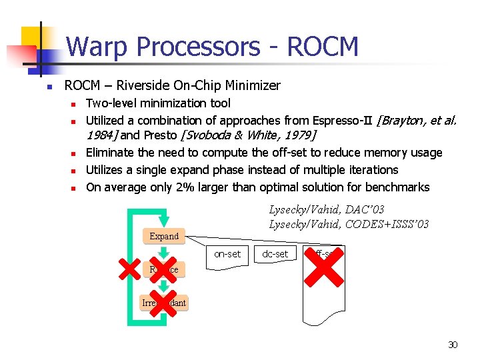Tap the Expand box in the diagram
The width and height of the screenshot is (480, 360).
tap(164, 236)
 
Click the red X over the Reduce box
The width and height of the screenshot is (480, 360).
tap(163, 265)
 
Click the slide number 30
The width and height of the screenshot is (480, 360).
tap(453, 345)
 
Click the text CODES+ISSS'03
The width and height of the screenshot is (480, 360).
tap(387, 224)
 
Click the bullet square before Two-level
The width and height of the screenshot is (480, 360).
tap(75, 103)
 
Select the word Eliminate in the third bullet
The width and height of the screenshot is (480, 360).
tap(111, 153)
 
